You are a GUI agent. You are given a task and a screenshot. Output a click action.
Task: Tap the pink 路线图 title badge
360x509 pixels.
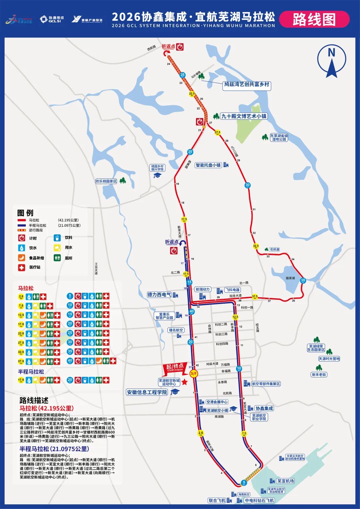point(314,19)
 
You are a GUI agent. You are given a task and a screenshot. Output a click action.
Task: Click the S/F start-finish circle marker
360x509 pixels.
point(194,374)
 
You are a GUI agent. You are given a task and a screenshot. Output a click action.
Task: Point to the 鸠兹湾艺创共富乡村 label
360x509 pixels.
point(247,85)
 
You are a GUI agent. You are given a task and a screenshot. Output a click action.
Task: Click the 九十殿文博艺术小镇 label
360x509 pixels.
point(244,116)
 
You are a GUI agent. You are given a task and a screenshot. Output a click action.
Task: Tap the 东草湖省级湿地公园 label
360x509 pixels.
point(279,137)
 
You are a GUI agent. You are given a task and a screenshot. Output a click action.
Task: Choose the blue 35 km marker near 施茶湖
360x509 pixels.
point(303,280)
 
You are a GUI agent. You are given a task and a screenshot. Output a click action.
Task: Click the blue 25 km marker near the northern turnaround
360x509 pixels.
point(182,75)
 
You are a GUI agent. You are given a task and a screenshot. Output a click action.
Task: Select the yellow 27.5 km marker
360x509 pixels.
point(217,132)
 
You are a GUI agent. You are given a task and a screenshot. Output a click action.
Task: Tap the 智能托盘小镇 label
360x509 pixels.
point(208,165)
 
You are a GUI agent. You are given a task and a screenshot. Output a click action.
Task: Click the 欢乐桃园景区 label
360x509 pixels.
point(106,181)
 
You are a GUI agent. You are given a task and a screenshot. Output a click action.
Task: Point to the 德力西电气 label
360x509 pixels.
point(159,295)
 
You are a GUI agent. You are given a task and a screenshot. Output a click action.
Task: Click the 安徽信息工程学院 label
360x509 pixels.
point(147,392)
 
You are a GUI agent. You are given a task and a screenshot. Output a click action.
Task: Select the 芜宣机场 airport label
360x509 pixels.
point(285,481)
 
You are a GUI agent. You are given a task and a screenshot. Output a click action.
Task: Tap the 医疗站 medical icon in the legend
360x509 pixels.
point(22,267)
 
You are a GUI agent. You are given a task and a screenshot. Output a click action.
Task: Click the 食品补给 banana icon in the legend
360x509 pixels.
point(22,258)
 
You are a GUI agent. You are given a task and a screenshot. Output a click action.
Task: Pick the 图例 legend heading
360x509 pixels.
point(25,213)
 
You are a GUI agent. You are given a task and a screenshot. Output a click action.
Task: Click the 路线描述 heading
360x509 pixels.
point(34,400)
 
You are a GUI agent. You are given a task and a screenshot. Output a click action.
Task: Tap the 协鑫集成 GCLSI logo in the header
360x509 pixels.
point(52,19)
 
